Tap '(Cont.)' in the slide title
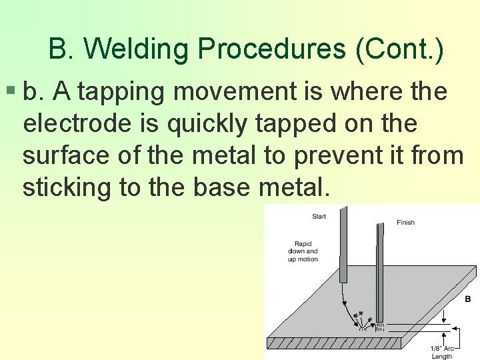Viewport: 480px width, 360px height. pos(400,49)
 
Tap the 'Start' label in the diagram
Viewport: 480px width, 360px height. pos(319,216)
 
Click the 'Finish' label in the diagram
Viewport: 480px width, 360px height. pos(405,222)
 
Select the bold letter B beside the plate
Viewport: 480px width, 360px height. pos(468,299)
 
